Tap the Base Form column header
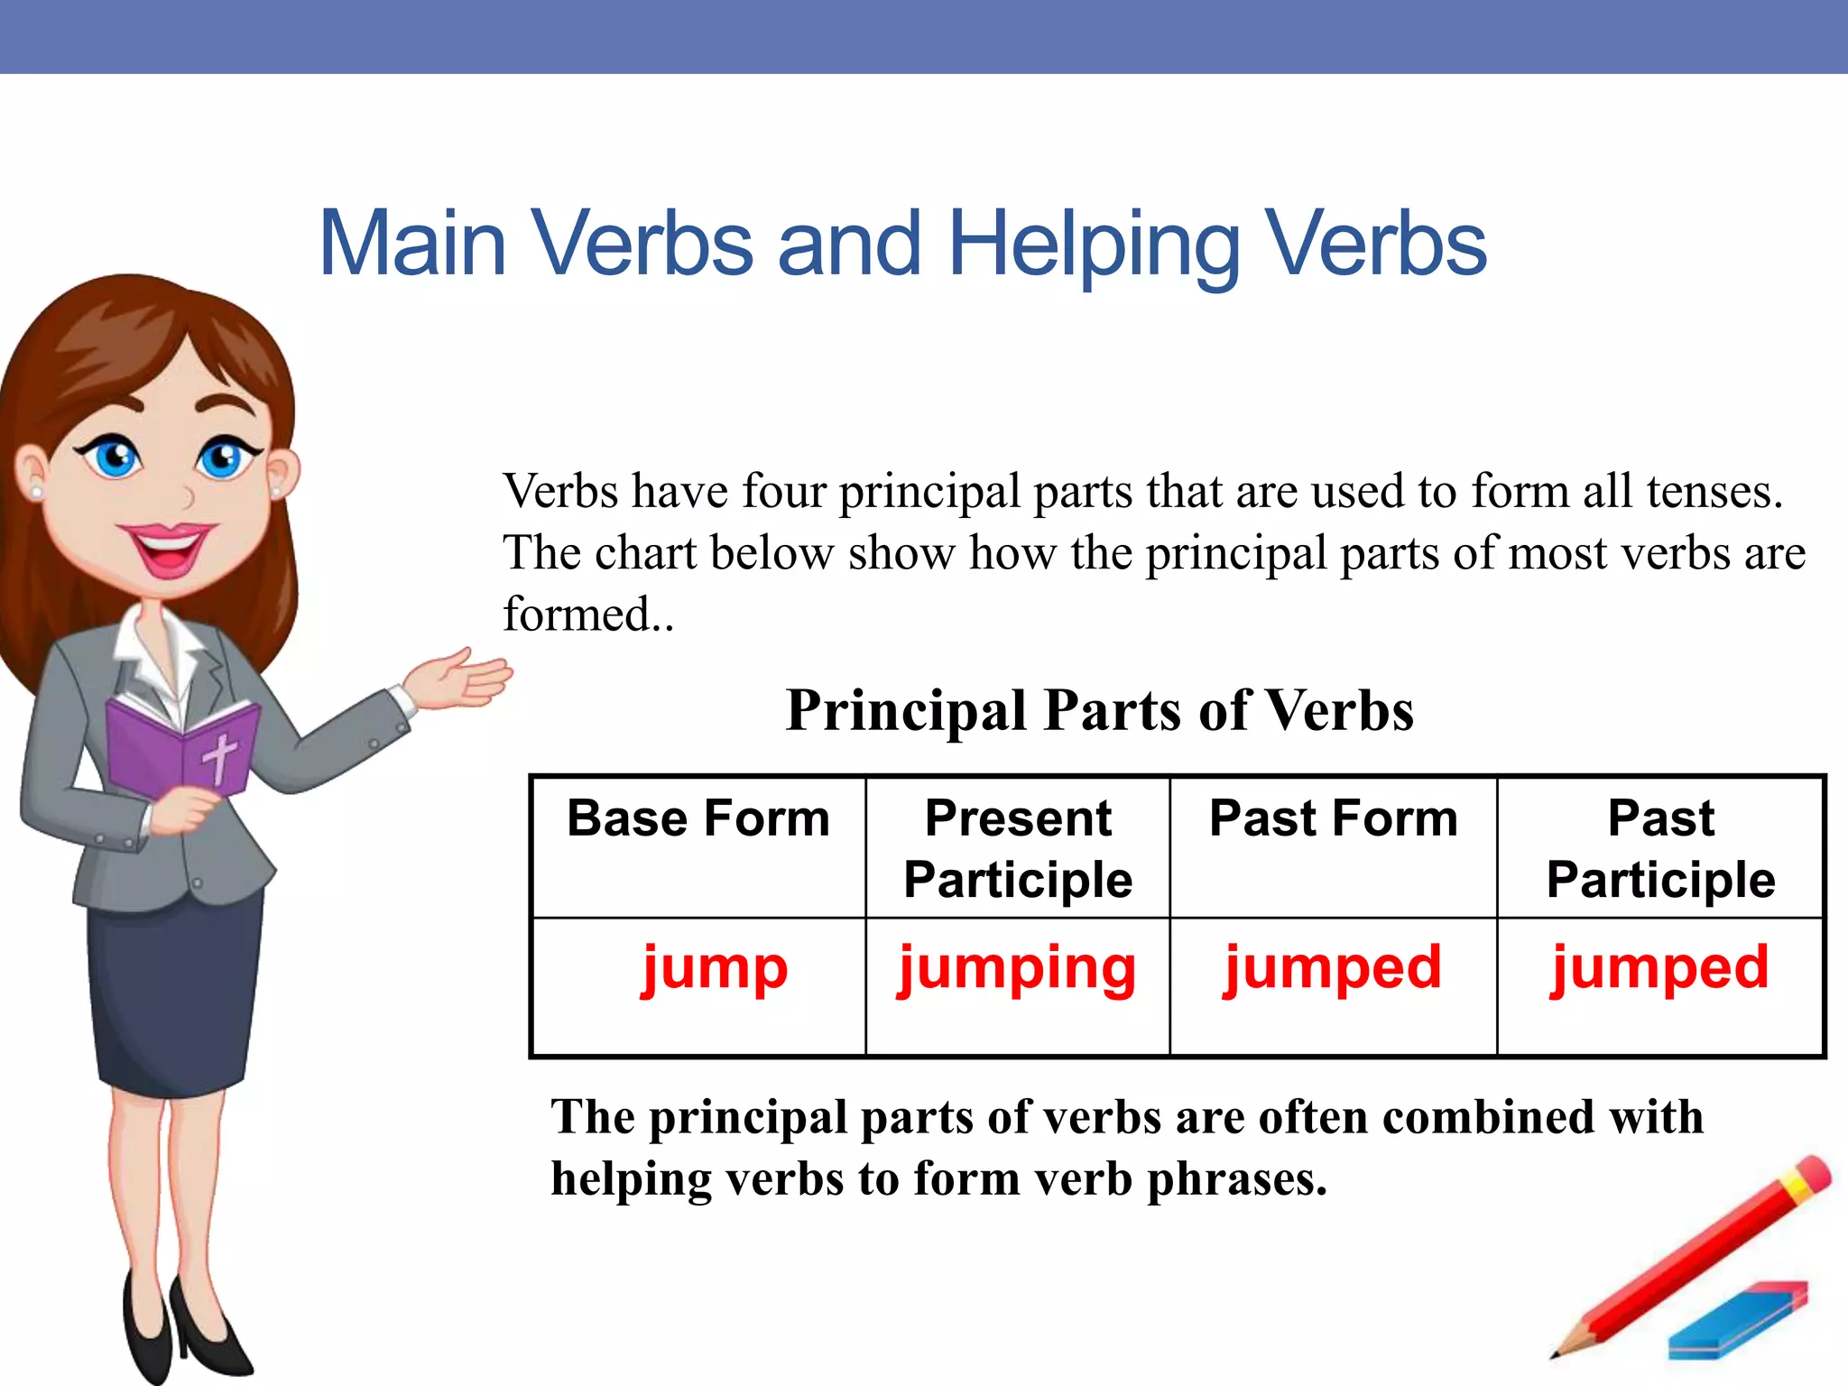(698, 819)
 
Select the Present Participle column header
(1018, 849)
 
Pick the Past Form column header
(1333, 819)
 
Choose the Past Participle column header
(1660, 849)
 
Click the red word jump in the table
(715, 969)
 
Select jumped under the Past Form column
(1333, 969)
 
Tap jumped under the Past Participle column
(1659, 969)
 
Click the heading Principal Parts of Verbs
(1099, 711)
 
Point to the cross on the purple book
(219, 756)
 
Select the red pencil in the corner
(1696, 1254)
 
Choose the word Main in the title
(412, 244)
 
